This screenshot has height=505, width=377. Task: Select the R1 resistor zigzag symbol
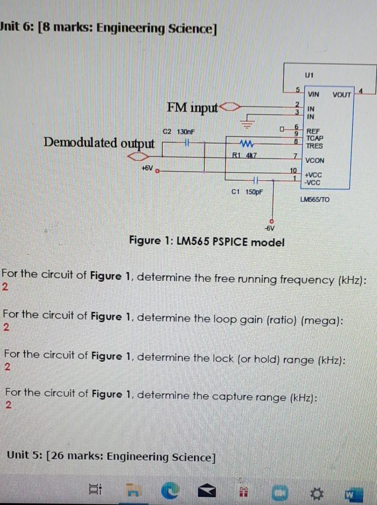tap(247, 143)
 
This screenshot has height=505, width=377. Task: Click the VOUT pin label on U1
tap(342, 95)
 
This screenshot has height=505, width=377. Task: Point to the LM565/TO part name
tap(315, 199)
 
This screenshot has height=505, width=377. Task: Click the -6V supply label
tap(270, 229)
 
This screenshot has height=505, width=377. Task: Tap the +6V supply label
tap(147, 168)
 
